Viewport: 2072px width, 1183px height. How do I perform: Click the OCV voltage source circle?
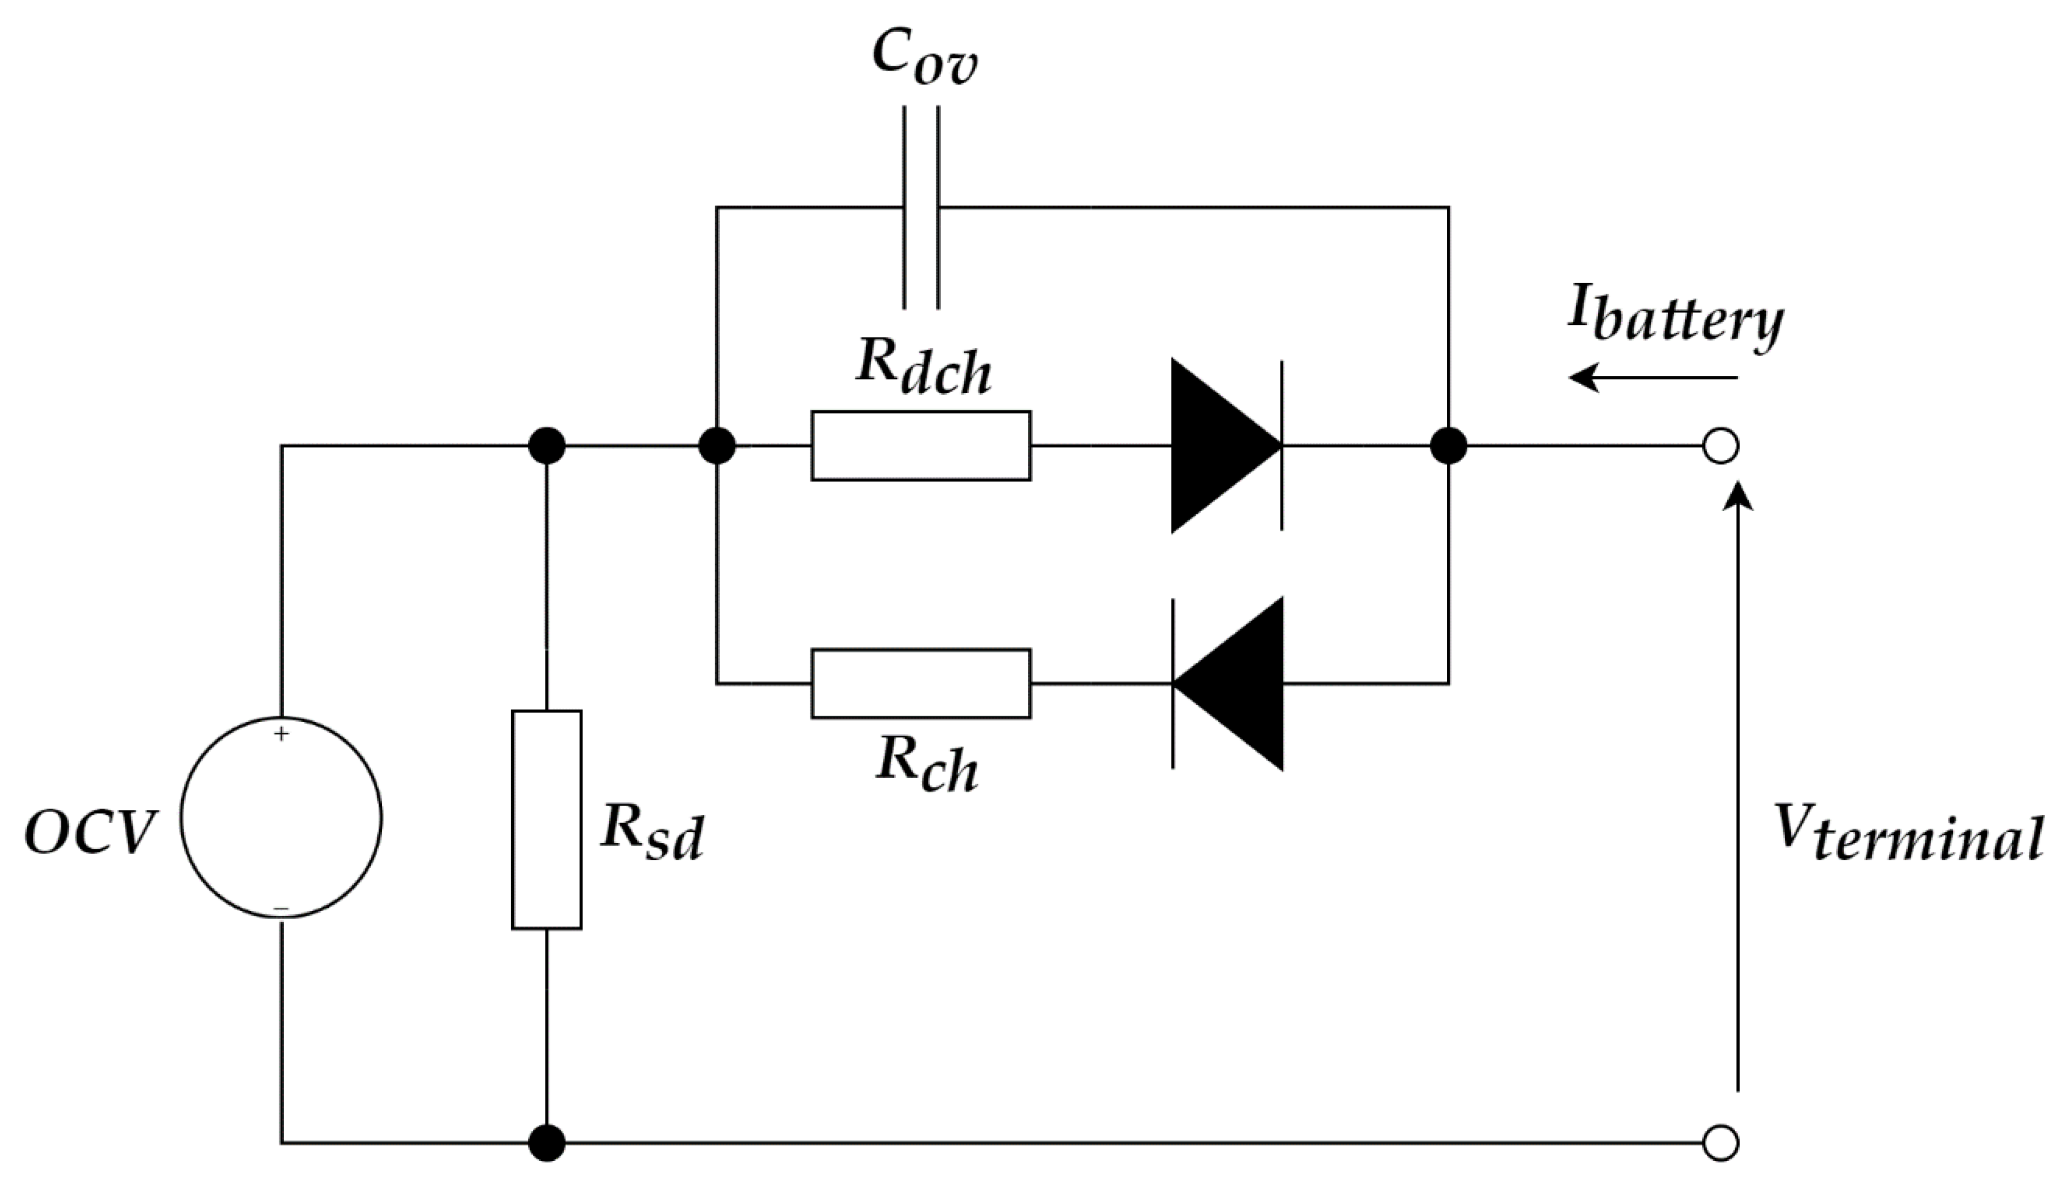tap(281, 817)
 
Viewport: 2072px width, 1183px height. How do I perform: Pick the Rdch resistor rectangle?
tap(921, 446)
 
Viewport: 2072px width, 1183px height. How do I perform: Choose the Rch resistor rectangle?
tap(921, 683)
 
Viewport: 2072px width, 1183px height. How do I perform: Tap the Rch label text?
tap(927, 766)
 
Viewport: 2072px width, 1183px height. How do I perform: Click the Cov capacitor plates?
tap(921, 208)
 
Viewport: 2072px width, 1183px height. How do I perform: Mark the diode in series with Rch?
tap(1227, 683)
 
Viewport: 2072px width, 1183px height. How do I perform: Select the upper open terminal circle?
tap(1720, 446)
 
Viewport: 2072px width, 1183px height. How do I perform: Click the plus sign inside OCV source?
tap(281, 734)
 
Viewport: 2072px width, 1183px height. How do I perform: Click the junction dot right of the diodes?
tap(1448, 446)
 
